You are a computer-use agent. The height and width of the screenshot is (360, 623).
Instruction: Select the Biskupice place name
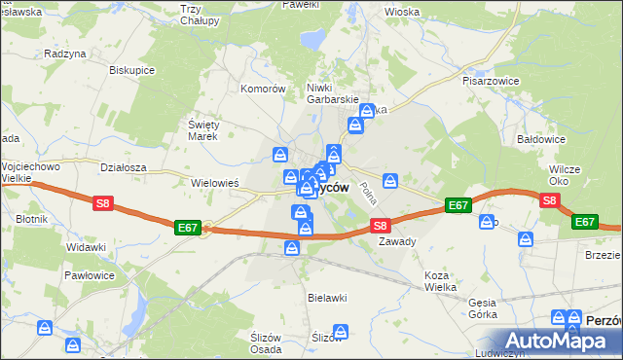pyautogui.click(x=132, y=71)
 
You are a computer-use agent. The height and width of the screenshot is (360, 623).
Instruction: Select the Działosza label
pyautogui.click(x=123, y=166)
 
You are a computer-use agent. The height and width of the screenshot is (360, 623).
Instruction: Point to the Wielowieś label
pyautogui.click(x=215, y=182)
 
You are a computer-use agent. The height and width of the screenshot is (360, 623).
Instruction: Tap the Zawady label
pyautogui.click(x=397, y=241)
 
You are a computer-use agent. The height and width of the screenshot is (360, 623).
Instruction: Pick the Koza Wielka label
pyautogui.click(x=442, y=282)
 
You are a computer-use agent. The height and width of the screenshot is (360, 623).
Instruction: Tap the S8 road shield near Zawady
pyautogui.click(x=382, y=225)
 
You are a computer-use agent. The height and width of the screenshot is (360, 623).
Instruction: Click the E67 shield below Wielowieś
pyautogui.click(x=189, y=227)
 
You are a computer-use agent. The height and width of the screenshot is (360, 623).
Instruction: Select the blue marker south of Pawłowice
pyautogui.click(x=45, y=329)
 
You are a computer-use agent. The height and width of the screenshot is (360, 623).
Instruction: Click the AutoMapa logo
pyautogui.click(x=562, y=341)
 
